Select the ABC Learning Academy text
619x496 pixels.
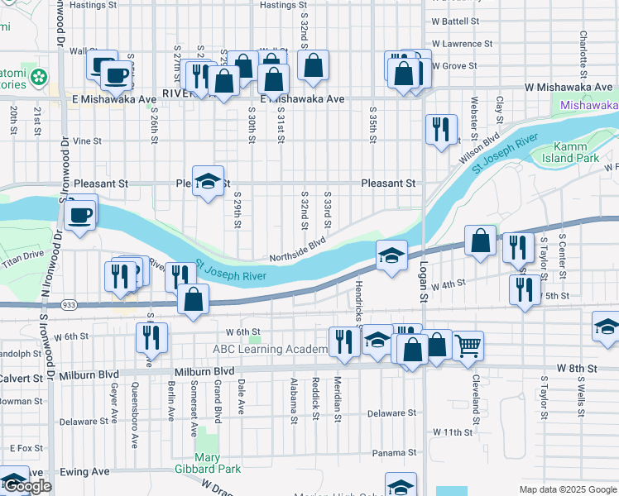[x=271, y=350]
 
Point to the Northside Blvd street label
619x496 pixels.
[x=295, y=250]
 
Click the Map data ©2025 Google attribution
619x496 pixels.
[x=568, y=489]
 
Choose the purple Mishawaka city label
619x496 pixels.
[x=588, y=106]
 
